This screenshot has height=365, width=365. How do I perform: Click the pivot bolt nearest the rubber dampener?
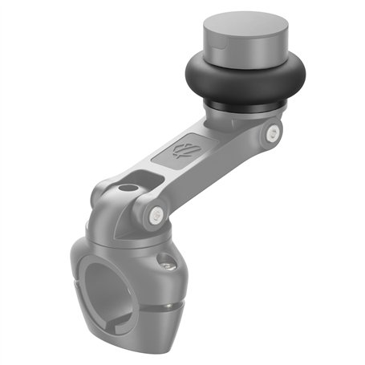(x=274, y=132)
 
